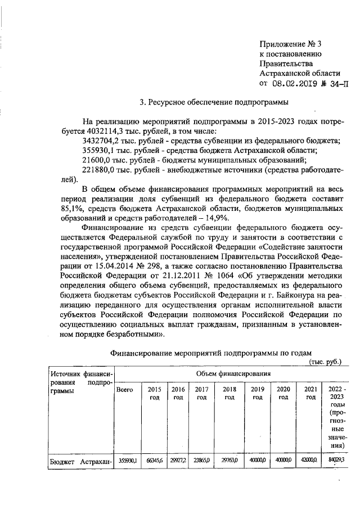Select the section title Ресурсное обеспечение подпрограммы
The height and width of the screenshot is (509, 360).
tap(214, 102)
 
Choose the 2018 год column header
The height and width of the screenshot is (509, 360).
tap(229, 393)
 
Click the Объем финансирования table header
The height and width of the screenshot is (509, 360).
tap(233, 373)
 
